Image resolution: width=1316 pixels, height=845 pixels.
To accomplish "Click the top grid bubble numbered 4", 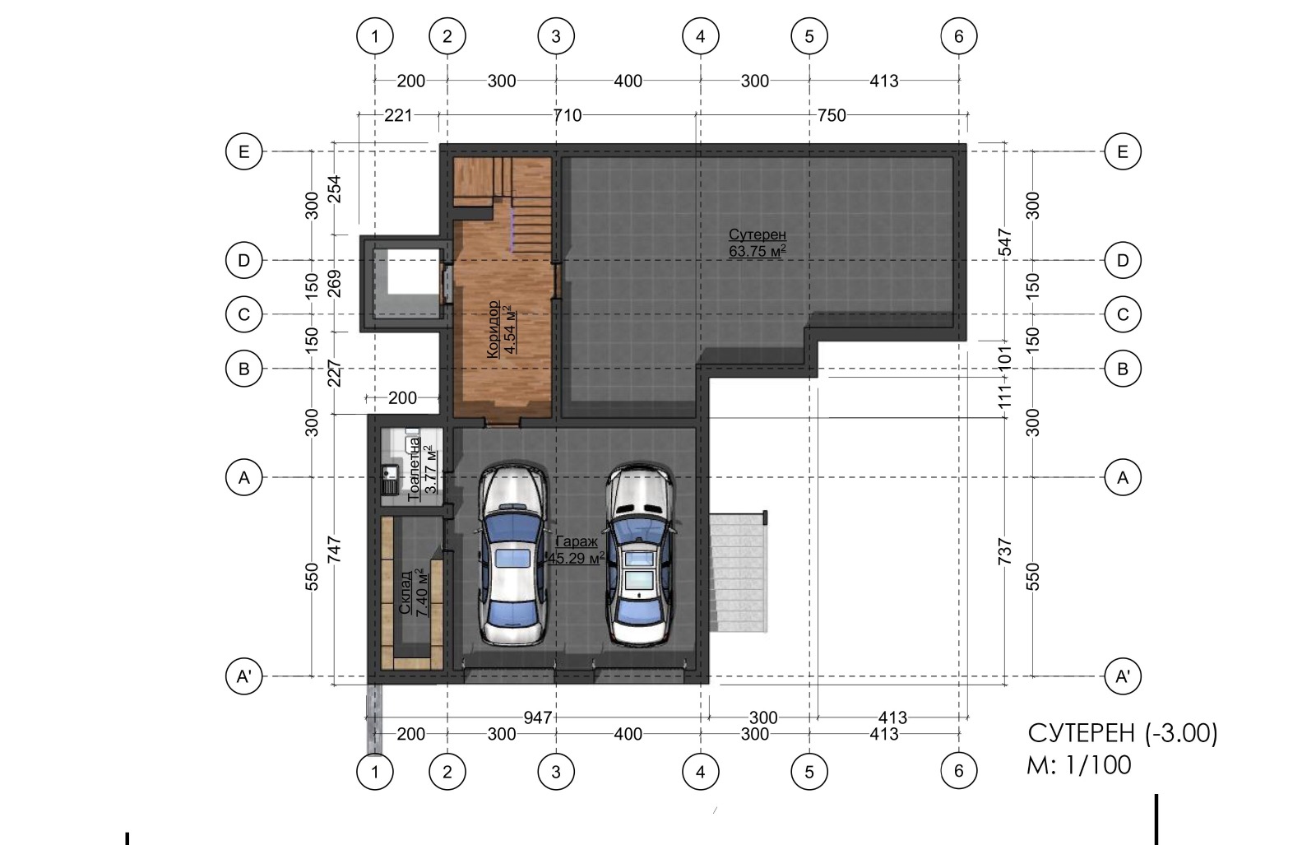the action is tap(700, 36).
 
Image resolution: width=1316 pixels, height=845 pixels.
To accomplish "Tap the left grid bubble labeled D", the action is tap(243, 260).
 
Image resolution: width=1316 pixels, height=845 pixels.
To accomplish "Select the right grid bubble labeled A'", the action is tap(1123, 676).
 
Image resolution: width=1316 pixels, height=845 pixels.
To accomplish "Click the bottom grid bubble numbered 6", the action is tap(959, 771).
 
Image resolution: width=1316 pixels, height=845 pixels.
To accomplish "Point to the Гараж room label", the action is tap(577, 541).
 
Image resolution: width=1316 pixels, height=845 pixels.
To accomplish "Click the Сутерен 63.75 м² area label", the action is tap(758, 243).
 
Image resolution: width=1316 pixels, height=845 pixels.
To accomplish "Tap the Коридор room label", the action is tap(493, 329).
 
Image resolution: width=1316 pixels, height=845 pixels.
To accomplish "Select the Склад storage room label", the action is tap(405, 592).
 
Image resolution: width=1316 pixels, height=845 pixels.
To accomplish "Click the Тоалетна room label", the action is tap(415, 470).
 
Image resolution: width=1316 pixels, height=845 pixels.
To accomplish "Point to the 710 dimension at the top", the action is tap(568, 115).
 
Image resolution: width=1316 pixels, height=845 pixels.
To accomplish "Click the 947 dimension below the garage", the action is tap(538, 717).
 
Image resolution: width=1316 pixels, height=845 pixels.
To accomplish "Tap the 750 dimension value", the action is tap(832, 115).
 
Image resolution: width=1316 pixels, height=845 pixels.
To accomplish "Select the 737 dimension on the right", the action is tap(1005, 552).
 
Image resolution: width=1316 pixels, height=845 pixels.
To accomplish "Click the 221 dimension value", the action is tap(398, 115).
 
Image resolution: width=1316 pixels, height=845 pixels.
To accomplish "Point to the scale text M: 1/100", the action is tap(1079, 765).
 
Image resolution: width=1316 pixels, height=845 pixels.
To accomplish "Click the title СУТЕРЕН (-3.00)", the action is tap(1123, 733).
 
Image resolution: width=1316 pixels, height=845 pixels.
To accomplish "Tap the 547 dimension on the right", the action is tap(1005, 242).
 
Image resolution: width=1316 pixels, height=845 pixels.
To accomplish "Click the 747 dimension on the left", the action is tap(334, 550).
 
